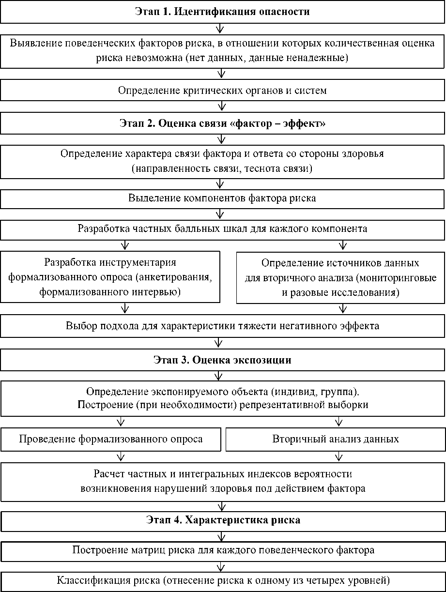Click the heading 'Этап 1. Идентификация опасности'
222,12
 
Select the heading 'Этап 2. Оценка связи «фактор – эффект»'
222,123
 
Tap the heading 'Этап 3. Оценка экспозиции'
222,360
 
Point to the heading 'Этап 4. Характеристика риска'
223,520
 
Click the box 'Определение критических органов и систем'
222,90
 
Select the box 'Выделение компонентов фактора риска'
222,198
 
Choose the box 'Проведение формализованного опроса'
111,439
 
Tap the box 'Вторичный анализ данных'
336,439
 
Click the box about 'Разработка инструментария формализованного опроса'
110,277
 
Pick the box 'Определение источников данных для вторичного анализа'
340,277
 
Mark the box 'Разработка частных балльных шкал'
222,229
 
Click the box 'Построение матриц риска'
223,550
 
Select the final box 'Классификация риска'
223,580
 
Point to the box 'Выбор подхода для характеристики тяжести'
222,326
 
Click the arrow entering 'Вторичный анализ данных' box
337,422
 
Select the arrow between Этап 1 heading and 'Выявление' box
221,28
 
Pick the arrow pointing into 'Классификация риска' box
222,565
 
